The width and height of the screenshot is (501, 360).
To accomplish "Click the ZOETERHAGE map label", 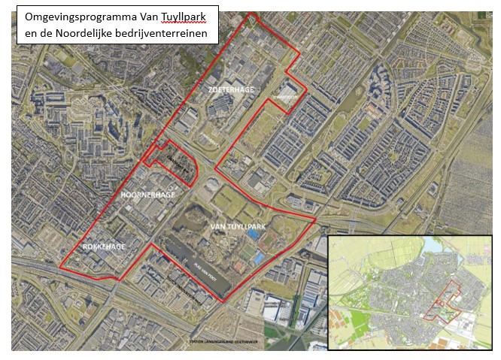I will pyautogui.click(x=231, y=89).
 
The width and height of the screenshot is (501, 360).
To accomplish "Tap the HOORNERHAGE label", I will pyautogui.click(x=147, y=195).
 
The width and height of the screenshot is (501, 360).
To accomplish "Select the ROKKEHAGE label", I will pyautogui.click(x=104, y=247).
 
